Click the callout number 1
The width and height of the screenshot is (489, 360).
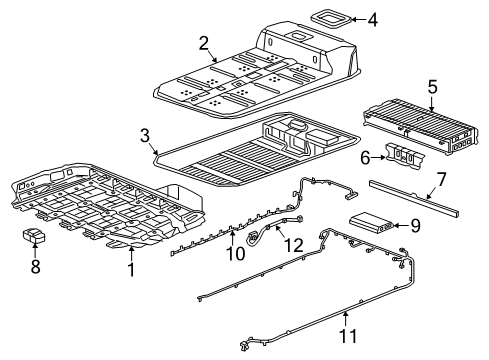pos(130,269)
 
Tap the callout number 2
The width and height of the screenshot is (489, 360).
pos(204,43)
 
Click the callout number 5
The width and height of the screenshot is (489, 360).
pos(432,87)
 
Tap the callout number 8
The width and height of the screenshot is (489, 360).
pos(37,267)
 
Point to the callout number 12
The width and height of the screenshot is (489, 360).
pos(292,245)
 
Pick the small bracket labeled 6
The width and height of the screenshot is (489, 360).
pos(404,154)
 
